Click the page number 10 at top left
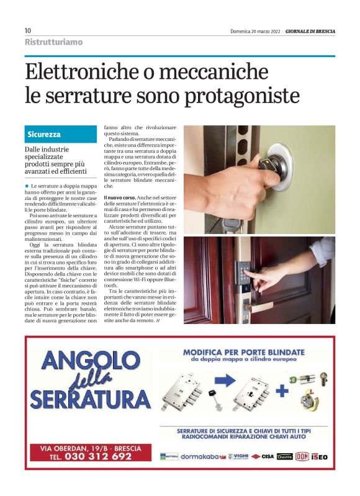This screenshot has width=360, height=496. tap(28, 30)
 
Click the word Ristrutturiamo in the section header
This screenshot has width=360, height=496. tap(53, 42)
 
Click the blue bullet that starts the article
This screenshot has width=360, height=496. tap(27, 186)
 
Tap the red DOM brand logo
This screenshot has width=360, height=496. tap(302, 456)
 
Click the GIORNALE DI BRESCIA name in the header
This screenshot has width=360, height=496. tap(310, 30)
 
